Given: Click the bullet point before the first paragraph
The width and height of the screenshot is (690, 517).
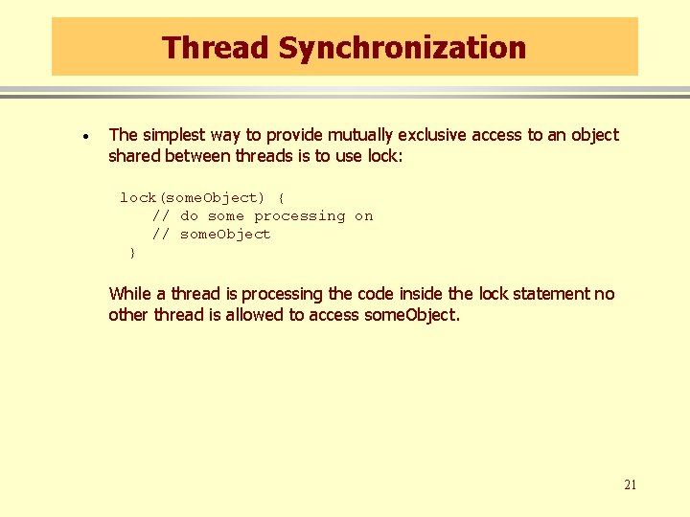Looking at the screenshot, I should click(x=86, y=138).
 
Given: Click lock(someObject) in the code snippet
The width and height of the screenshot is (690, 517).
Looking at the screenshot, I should click(x=192, y=198).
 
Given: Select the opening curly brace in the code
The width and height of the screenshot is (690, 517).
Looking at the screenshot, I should click(x=281, y=198).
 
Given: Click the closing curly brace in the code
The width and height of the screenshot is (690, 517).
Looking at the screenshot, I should click(x=132, y=253).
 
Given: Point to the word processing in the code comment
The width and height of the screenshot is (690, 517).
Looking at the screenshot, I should click(x=299, y=216).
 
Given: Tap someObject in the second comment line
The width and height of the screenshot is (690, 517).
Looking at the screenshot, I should click(x=225, y=235).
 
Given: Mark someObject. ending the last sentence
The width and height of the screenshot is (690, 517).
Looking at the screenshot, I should click(x=412, y=315).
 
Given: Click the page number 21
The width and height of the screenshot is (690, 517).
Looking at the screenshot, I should click(x=630, y=484).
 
